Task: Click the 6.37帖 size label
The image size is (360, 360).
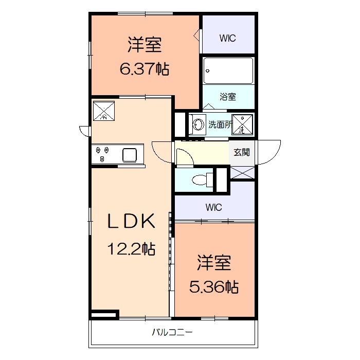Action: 145,69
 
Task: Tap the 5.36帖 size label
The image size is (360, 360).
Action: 214,287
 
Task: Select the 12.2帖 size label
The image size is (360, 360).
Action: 131,249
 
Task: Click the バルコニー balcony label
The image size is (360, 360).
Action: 172,332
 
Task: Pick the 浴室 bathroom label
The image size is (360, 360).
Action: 228,97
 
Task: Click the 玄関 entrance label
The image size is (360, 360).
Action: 242,152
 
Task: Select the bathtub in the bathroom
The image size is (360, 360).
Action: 228,70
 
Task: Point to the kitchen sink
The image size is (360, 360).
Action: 129,154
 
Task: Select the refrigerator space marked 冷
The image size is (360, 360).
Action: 104,110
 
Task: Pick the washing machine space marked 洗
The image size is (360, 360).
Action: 242,124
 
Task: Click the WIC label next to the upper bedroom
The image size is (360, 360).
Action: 228,38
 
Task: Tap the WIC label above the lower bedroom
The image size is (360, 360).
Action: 213,208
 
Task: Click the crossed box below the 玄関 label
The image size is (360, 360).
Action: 242,173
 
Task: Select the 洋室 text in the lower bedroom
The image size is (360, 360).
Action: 214,263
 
